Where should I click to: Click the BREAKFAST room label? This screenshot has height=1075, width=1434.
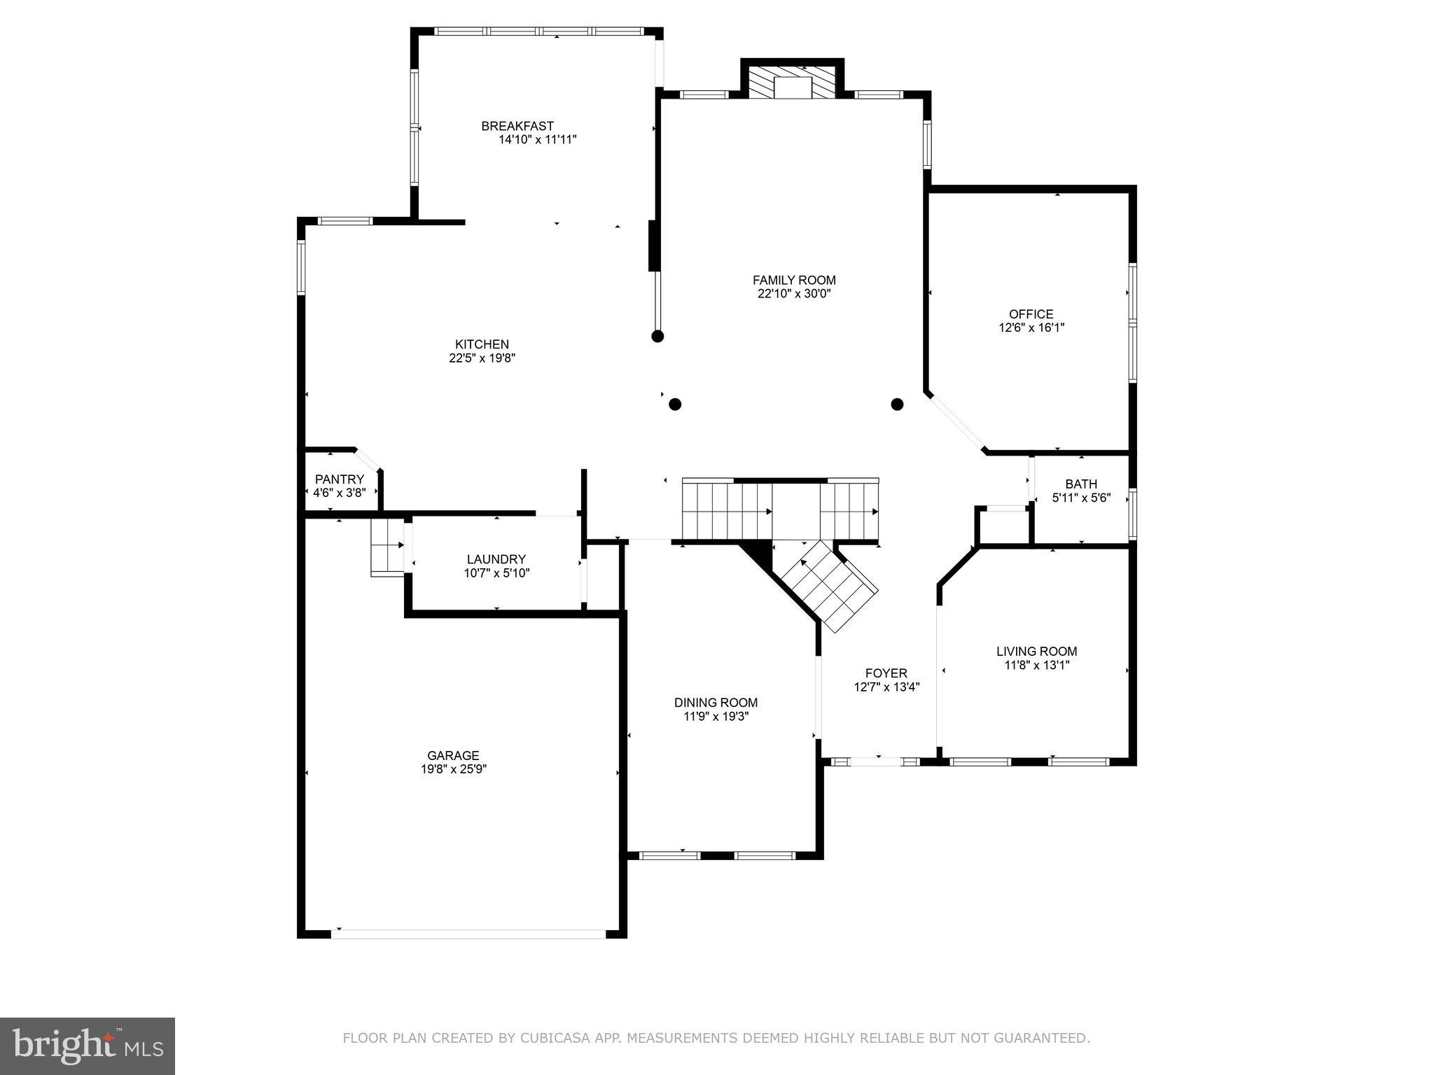point(517,126)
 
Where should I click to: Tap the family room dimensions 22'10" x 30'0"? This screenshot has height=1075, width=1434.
point(793,294)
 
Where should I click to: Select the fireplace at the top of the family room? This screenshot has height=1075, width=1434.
point(792,83)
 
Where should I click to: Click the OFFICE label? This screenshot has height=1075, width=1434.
point(1031,314)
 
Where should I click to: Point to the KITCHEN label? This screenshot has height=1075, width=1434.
point(482,344)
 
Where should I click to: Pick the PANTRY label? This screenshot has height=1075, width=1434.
point(339,479)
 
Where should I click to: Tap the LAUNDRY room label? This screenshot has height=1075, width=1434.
point(496,559)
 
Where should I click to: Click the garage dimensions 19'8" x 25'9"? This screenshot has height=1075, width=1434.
point(453,769)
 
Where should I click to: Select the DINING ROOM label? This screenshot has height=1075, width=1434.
point(716,703)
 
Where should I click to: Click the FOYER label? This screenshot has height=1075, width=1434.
point(886,673)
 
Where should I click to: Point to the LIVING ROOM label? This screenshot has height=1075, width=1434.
point(1036,652)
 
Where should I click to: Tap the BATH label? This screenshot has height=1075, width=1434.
point(1080,484)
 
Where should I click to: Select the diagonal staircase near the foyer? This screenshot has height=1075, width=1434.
point(830,584)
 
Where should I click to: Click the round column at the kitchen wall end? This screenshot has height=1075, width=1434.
point(657,337)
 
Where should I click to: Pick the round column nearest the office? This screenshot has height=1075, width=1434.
point(897,405)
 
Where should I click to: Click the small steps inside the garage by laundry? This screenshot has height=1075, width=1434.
point(387,547)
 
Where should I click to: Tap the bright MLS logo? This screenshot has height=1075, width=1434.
point(88,1046)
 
